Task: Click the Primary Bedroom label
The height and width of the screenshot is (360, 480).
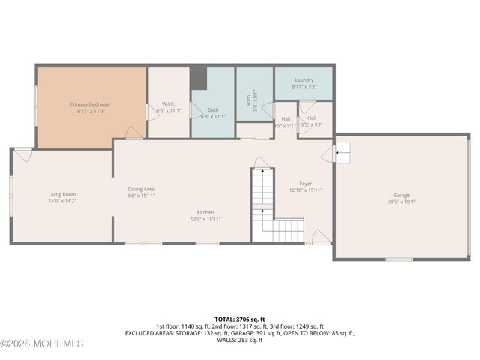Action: coord(90,103)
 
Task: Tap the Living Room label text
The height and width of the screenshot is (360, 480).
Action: coord(62,194)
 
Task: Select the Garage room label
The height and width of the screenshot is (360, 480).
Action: coord(401,195)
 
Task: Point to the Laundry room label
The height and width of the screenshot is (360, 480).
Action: coord(304,79)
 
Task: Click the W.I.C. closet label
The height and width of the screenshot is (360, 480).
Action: coord(169,104)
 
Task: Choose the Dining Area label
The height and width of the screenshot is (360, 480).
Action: coord(141,189)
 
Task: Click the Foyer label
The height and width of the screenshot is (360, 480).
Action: coord(306,184)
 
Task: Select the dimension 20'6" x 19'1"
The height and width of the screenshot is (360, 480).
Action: coord(401,202)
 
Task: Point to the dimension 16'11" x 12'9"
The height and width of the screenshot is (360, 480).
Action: coord(90,111)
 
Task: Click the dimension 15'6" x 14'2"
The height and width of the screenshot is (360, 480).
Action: coord(62,201)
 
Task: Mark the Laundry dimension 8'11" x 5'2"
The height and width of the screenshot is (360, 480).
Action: coord(304,86)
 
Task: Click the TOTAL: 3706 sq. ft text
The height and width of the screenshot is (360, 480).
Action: coord(239,319)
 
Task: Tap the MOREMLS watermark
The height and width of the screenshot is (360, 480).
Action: coord(42,343)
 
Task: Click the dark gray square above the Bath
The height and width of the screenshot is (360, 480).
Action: coord(198,77)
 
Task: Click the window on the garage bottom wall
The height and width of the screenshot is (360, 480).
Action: coord(398,259)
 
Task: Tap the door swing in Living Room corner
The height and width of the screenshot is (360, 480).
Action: coord(23,156)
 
